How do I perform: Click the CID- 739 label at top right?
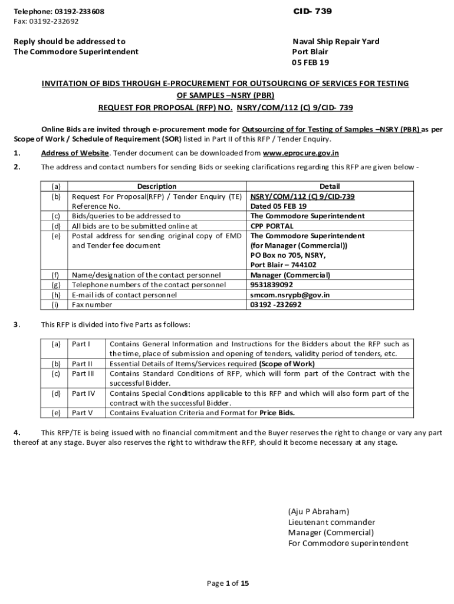tap(313, 12)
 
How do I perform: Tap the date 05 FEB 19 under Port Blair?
tap(311, 62)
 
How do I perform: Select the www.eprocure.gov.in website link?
tap(301, 153)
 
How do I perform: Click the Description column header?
tap(156, 186)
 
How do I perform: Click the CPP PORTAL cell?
tap(272, 226)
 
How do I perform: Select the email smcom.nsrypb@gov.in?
tap(290, 295)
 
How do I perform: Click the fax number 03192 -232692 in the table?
tap(276, 305)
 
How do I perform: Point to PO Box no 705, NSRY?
tap(288, 255)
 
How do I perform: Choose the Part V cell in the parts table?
tap(81, 413)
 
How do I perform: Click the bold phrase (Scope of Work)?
tap(287, 363)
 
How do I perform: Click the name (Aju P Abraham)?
tap(318, 511)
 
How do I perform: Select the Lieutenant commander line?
tap(331, 522)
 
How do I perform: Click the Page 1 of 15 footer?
tap(228, 583)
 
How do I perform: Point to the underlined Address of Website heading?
tap(74, 153)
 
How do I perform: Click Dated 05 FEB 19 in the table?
tap(278, 206)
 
